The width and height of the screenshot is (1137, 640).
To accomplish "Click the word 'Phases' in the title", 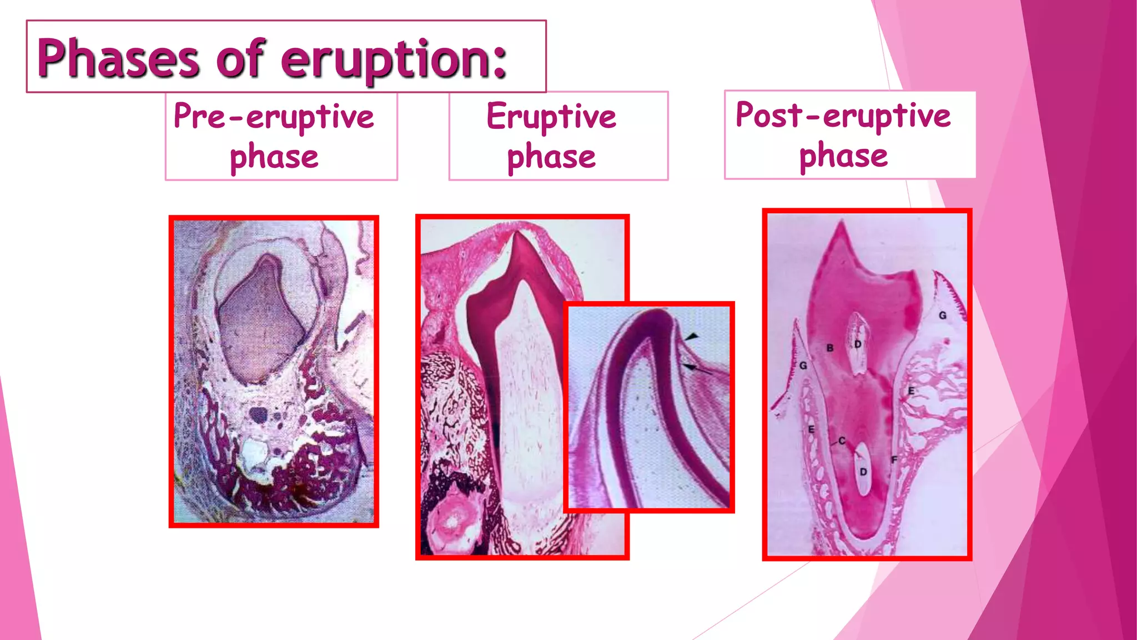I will click(118, 58).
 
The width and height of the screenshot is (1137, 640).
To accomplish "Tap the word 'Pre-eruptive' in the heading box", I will click(274, 117).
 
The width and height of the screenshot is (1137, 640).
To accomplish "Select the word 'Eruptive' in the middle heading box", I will click(551, 117).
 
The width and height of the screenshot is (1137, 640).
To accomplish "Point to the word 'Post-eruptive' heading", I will click(843, 116).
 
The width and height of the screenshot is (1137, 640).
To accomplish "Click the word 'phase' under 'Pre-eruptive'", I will click(274, 157).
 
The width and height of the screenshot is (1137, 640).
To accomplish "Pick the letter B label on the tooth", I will click(830, 348).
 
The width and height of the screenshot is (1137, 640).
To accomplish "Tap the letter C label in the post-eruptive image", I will click(842, 441).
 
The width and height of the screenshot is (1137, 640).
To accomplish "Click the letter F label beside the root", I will click(894, 459).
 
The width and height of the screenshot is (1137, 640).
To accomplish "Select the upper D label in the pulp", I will click(858, 344).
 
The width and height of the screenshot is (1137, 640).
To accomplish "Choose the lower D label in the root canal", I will click(863, 472).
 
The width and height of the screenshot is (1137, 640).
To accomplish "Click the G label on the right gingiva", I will click(943, 316).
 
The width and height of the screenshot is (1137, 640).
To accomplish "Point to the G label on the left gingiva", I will click(803, 366).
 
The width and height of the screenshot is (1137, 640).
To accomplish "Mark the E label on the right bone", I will click(911, 391).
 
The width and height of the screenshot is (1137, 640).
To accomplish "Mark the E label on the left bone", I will click(811, 429).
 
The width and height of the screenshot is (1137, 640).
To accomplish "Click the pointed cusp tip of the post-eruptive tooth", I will click(842, 223).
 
